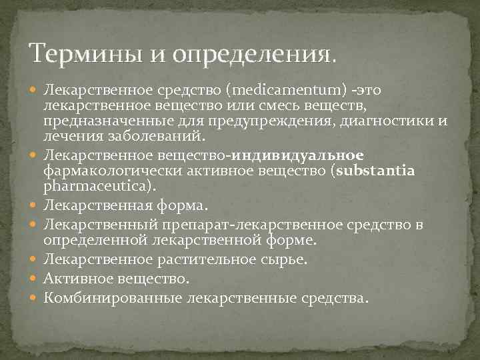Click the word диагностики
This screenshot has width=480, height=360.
[385, 121]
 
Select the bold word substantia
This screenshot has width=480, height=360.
[376, 170]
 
